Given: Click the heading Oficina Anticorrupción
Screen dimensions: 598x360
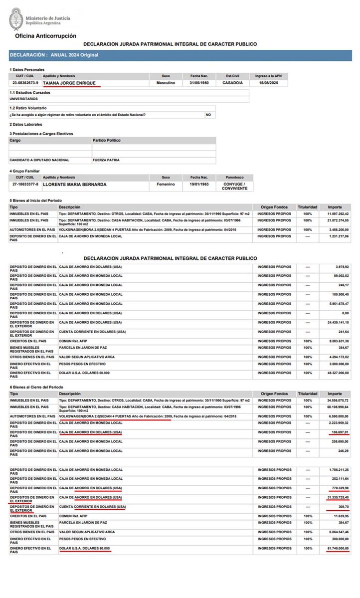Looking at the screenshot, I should pyautogui.click(x=45, y=36).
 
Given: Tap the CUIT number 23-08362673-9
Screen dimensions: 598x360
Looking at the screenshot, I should pyautogui.click(x=25, y=83).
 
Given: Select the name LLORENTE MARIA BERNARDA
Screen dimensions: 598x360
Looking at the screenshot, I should pyautogui.click(x=75, y=184).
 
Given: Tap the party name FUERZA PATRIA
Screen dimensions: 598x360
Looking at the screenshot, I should pyautogui.click(x=106, y=160).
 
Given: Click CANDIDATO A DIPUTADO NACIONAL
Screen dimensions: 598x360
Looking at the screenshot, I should pyautogui.click(x=39, y=160).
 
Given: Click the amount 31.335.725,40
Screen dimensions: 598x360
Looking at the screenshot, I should pyautogui.click(x=336, y=497).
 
